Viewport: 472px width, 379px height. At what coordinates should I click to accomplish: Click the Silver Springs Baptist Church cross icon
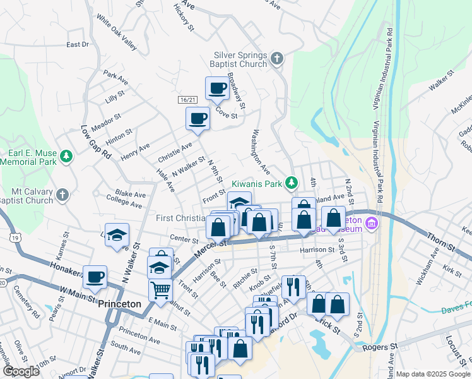click(276, 59)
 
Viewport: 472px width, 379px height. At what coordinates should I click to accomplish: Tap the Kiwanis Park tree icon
click(291, 183)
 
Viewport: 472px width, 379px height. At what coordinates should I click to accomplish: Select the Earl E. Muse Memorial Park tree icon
click(65, 155)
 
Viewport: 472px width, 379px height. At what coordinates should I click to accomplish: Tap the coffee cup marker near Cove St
click(217, 89)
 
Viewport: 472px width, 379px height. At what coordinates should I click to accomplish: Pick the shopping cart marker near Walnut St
click(160, 290)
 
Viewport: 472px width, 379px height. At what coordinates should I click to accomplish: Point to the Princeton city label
click(120, 304)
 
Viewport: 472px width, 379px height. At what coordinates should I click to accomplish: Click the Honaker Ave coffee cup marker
click(95, 277)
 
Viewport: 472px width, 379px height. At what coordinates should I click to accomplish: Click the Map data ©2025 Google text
click(433, 374)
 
